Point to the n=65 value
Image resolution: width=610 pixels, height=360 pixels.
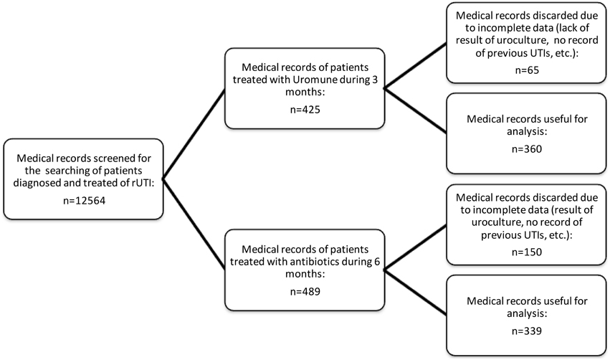click(527, 72)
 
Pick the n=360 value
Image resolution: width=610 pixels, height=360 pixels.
click(527, 151)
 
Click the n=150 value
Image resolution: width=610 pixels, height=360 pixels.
click(527, 252)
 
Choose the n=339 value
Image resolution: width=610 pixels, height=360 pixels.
click(527, 332)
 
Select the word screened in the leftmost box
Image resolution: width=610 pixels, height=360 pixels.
click(109, 158)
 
